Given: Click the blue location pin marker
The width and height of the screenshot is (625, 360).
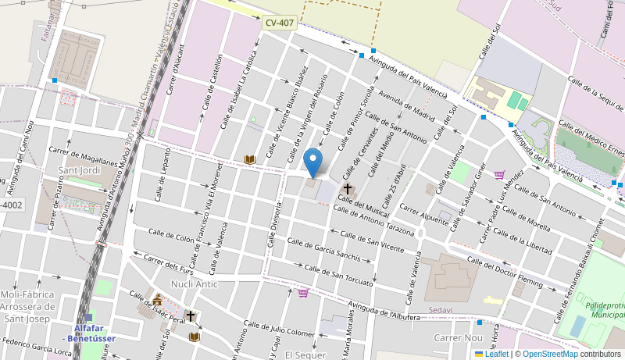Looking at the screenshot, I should pyautogui.click(x=312, y=162).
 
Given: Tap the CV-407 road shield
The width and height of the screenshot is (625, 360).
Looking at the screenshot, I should pyautogui.click(x=280, y=23).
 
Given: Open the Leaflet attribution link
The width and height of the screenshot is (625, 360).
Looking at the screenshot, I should pyautogui.click(x=496, y=354).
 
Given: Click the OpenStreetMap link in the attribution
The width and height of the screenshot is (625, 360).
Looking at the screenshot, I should pyautogui.click(x=550, y=354).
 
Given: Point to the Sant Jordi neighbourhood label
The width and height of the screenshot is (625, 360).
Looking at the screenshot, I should pyautogui.click(x=79, y=170).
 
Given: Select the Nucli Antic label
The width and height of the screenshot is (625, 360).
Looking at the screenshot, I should pyautogui.click(x=194, y=284).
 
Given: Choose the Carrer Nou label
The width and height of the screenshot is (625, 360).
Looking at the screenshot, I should pyautogui.click(x=459, y=337).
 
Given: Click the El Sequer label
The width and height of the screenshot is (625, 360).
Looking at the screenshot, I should pyautogui.click(x=305, y=355).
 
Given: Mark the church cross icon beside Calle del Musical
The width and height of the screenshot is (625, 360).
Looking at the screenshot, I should pyautogui.click(x=347, y=189).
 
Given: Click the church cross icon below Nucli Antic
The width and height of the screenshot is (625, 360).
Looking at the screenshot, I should pyautogui.click(x=191, y=315).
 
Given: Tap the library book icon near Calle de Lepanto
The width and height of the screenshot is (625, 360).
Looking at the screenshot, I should pyautogui.click(x=250, y=159).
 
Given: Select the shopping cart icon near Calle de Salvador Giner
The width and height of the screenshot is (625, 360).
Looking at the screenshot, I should pyautogui.click(x=499, y=175).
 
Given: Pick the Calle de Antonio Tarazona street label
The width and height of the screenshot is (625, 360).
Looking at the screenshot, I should pyautogui.click(x=373, y=222).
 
